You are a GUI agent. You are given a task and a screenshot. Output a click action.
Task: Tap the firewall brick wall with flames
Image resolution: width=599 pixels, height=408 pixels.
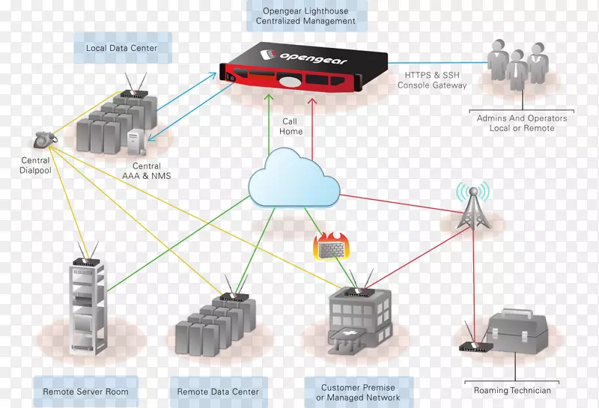[x=330, y=246]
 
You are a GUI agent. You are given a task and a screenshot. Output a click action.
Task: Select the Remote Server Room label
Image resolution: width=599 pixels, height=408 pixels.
[x=85, y=392]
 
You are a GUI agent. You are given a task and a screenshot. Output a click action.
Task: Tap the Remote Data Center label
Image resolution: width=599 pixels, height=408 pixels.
[x=218, y=392]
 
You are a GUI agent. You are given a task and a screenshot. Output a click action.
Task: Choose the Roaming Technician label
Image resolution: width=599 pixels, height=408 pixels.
[x=512, y=390]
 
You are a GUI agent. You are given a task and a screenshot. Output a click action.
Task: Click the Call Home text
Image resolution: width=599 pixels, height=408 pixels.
[x=291, y=127]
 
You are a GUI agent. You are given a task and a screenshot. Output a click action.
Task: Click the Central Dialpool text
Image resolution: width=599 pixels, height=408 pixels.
[x=35, y=165]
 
